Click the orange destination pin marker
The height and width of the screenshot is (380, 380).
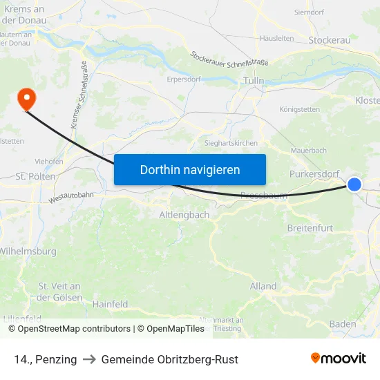pos(26,98)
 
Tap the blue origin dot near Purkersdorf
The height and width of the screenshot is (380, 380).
pos(354,184)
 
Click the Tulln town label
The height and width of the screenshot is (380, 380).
pos(254,82)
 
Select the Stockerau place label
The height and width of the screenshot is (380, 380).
pos(329,40)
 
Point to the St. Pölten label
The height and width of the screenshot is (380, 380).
pos(30,176)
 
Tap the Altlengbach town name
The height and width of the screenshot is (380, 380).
pos(184,215)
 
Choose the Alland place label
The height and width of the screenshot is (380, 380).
pos(263,286)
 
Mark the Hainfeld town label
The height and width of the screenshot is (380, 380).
pos(111,304)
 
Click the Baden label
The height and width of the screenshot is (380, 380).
pos(343,324)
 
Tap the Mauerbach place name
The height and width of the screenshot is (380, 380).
pos(309,150)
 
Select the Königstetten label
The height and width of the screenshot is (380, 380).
pos(300,109)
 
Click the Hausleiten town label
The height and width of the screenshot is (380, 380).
pos(277,39)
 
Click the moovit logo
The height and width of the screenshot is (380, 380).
pos(338,359)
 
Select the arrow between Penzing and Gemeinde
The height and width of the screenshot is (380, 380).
pos(89,359)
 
